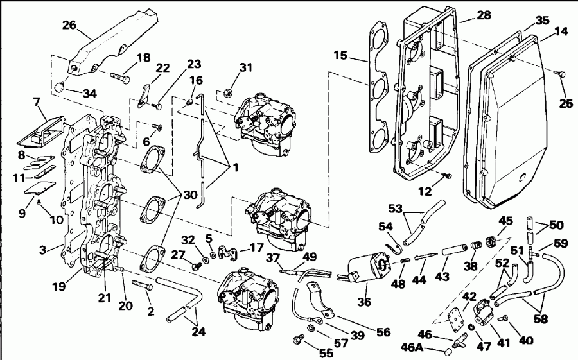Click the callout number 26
point(69,25)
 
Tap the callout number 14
point(561,30)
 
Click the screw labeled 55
point(297,338)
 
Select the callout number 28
point(483,14)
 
